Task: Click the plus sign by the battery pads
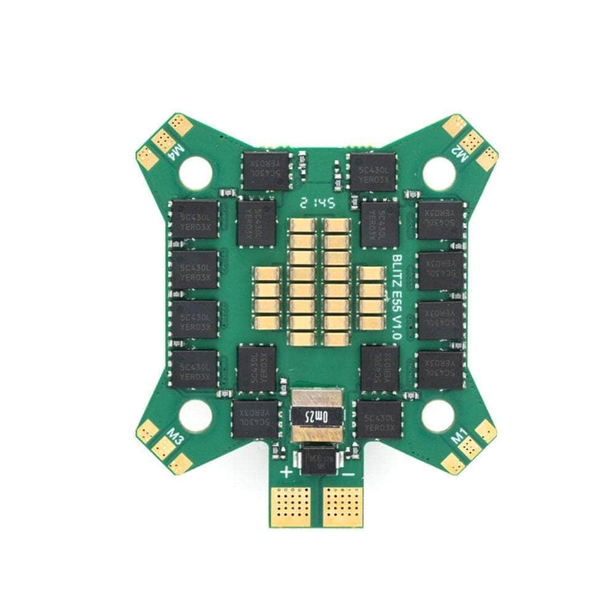pos(287,472)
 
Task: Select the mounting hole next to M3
pos(195,415)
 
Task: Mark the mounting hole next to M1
pos(438,416)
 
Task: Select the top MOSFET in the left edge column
pos(195,219)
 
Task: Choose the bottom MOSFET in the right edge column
pos(440,370)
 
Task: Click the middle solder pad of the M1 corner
pos(470,447)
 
